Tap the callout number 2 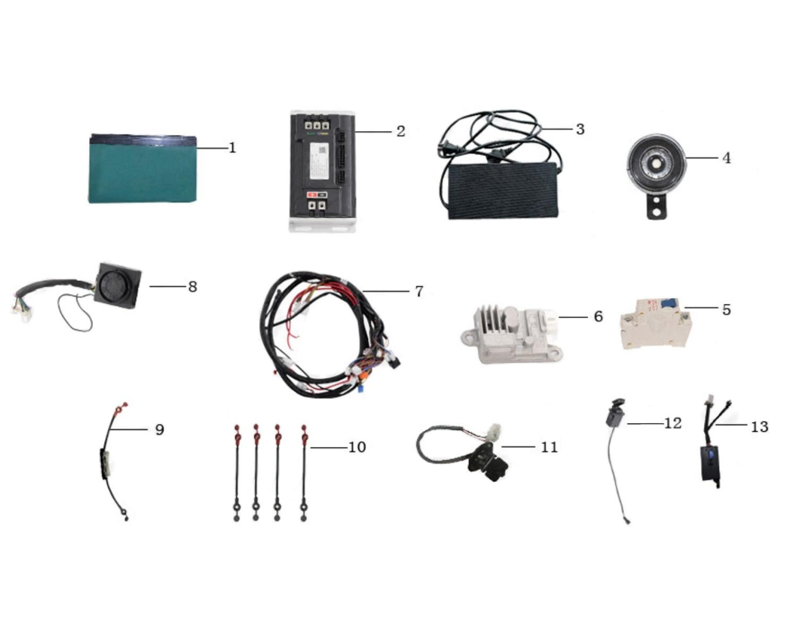(x=400, y=131)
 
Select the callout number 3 (x=580, y=129)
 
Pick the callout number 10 (x=357, y=446)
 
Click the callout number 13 (x=759, y=426)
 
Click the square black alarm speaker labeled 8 (x=117, y=285)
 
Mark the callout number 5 (x=726, y=310)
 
